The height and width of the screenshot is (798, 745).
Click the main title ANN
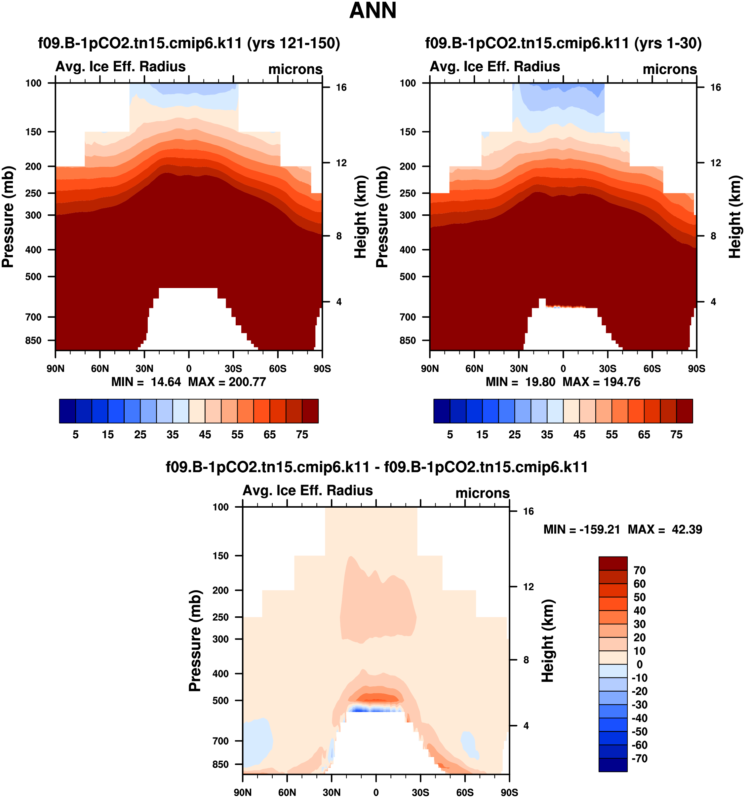[373, 11]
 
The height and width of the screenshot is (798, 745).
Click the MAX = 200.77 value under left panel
[227, 382]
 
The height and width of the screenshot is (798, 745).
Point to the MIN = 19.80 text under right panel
[520, 382]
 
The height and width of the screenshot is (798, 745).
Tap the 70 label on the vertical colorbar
[639, 570]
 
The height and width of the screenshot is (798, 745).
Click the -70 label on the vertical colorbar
[639, 758]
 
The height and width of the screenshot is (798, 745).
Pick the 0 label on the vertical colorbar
[639, 664]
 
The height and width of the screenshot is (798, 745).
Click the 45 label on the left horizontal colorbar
[205, 435]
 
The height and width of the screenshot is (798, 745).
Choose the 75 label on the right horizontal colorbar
[676, 435]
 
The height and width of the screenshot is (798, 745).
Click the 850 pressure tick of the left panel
[33, 341]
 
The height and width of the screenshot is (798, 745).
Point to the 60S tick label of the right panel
[652, 369]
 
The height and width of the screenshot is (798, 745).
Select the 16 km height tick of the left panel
[341, 88]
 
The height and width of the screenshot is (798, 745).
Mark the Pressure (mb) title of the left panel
[8, 217]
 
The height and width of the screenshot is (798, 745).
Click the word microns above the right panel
[670, 69]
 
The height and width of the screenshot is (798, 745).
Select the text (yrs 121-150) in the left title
[294, 43]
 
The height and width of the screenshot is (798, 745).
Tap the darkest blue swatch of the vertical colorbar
[612, 764]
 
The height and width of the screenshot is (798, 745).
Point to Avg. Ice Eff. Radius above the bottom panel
[308, 490]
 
